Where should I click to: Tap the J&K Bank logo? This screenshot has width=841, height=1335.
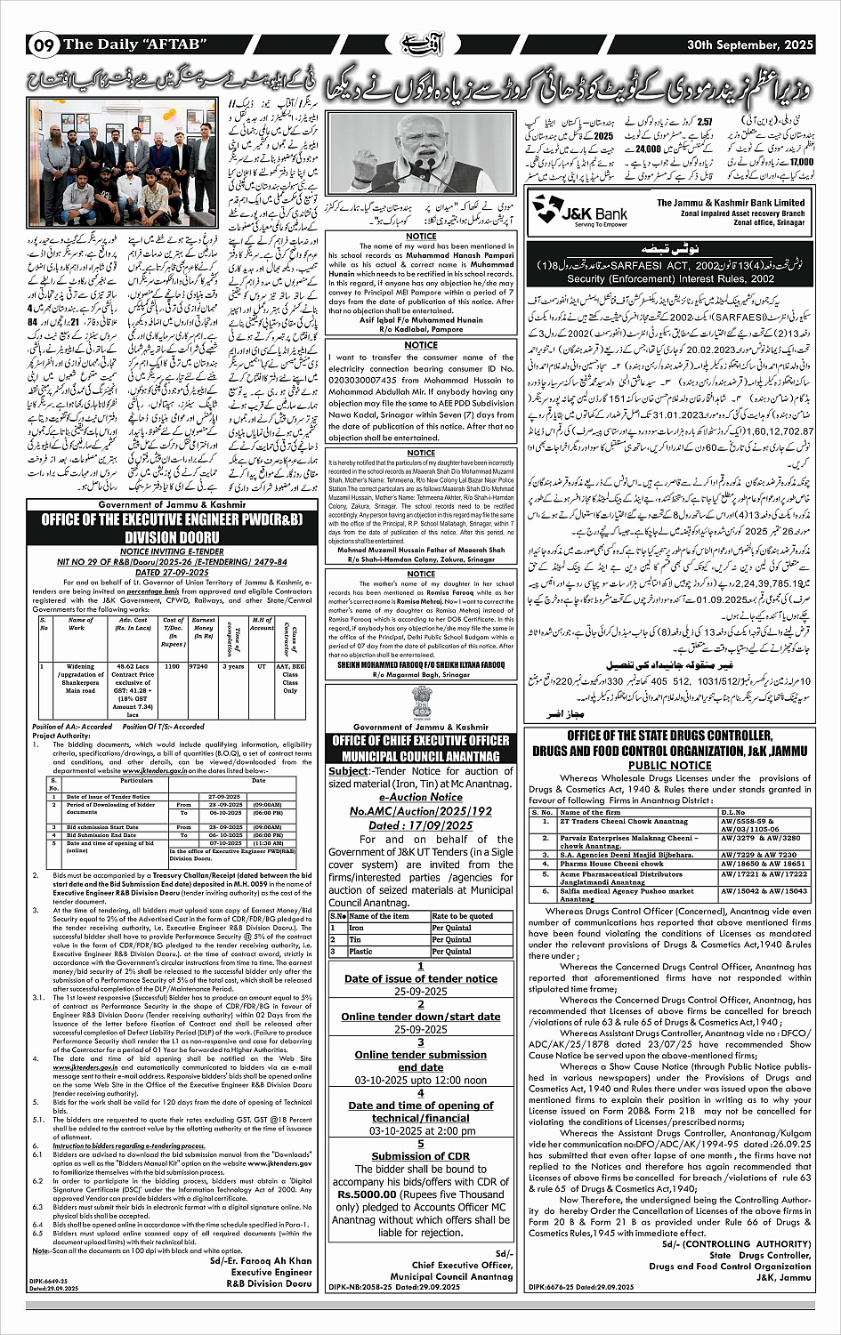coord(577,209)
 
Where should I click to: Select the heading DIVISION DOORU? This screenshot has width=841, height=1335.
coord(173,537)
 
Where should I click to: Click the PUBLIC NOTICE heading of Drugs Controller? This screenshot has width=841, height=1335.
coord(670,765)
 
